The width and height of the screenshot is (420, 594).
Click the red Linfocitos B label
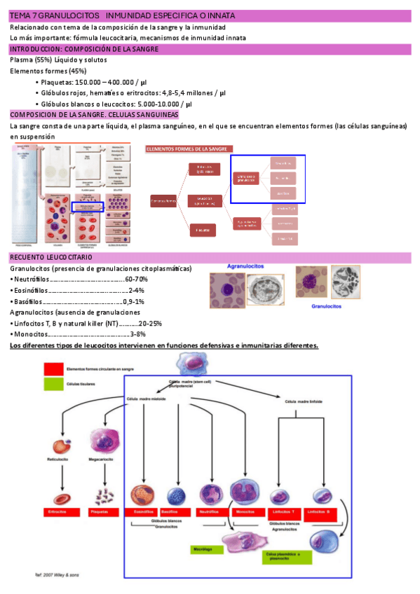pos(323,513)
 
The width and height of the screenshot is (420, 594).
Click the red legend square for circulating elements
pos(53,368)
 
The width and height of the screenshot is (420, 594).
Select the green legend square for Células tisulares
pos(53,385)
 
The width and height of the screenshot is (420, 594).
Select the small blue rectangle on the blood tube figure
pos(88,207)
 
